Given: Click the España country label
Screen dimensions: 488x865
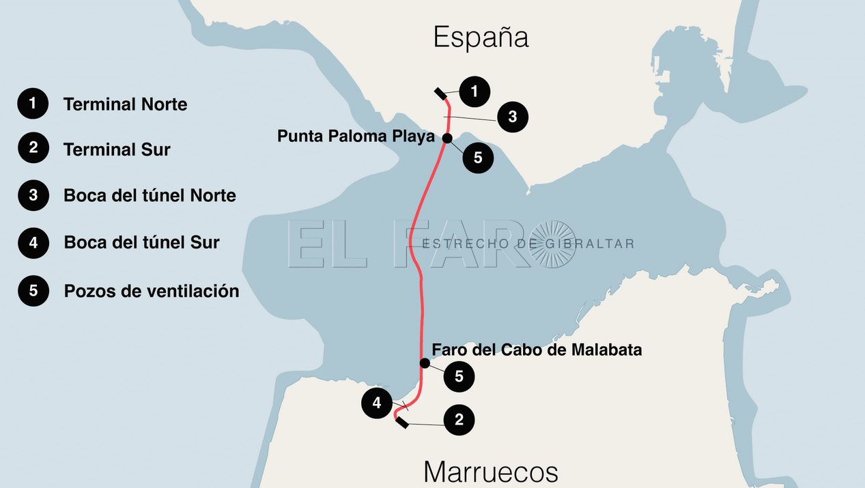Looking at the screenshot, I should point(481,37).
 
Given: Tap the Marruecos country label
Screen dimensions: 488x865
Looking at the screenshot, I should point(490,472).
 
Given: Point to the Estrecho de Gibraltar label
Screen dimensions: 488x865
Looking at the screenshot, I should point(528,244).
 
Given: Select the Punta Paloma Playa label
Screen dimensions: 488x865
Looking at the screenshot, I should point(356,137).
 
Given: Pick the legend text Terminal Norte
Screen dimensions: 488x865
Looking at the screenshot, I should point(125,104).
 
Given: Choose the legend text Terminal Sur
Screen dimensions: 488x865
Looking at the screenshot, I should point(117,149).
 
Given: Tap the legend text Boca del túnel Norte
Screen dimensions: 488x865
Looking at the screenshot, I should point(150,196).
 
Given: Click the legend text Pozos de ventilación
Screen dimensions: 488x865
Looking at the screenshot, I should point(152,291).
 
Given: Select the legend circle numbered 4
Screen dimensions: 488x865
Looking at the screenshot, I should point(33,242).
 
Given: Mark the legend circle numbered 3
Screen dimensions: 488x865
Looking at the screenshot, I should point(33,196).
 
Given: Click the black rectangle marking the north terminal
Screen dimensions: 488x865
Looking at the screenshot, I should point(440,94).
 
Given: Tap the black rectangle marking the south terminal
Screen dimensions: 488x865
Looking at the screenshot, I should point(402,423).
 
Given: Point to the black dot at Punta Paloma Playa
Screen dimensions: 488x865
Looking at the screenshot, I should point(446,138).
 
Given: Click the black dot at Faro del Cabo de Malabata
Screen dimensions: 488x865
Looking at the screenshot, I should point(425,362).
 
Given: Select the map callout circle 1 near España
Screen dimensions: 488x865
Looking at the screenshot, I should point(474,91).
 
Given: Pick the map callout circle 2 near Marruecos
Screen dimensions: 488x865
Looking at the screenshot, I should point(459,420).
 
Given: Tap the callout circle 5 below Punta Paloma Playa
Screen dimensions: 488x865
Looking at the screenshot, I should point(477,158).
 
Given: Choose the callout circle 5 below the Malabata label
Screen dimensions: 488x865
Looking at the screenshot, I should point(459,376).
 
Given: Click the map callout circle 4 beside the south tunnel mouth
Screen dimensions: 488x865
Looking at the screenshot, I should point(377,403).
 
